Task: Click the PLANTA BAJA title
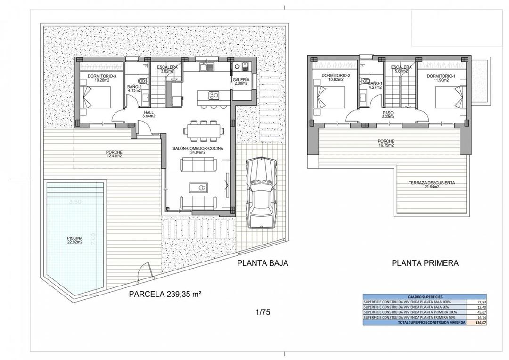[262, 263]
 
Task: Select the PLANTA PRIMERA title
[425, 263]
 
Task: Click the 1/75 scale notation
[263, 312]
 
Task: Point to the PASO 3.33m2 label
[388, 115]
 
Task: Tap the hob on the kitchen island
[213, 96]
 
